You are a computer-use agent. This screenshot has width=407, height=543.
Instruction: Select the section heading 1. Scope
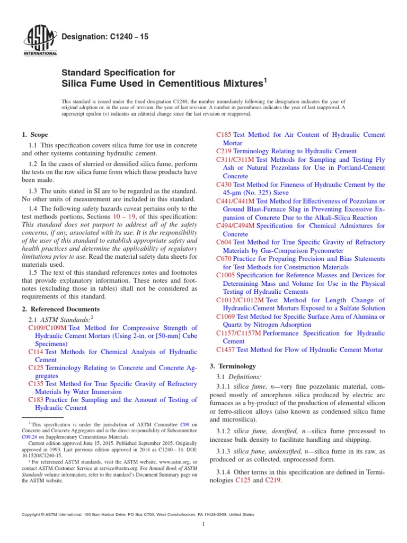click(35, 135)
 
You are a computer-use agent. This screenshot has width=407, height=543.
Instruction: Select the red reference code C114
click(36, 352)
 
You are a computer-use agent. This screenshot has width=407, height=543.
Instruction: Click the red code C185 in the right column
click(224, 135)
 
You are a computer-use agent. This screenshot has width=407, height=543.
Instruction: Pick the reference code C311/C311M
click(235, 160)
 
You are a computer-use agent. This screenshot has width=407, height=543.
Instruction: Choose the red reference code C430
click(224, 184)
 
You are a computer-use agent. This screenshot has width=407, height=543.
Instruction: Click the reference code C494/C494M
click(235, 225)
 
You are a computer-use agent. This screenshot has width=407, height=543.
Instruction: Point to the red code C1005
click(226, 275)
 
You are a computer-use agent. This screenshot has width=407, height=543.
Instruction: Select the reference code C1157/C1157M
click(238, 333)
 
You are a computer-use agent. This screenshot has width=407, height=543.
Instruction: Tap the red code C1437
click(226, 349)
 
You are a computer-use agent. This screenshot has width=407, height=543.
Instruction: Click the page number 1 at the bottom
click(203, 524)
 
